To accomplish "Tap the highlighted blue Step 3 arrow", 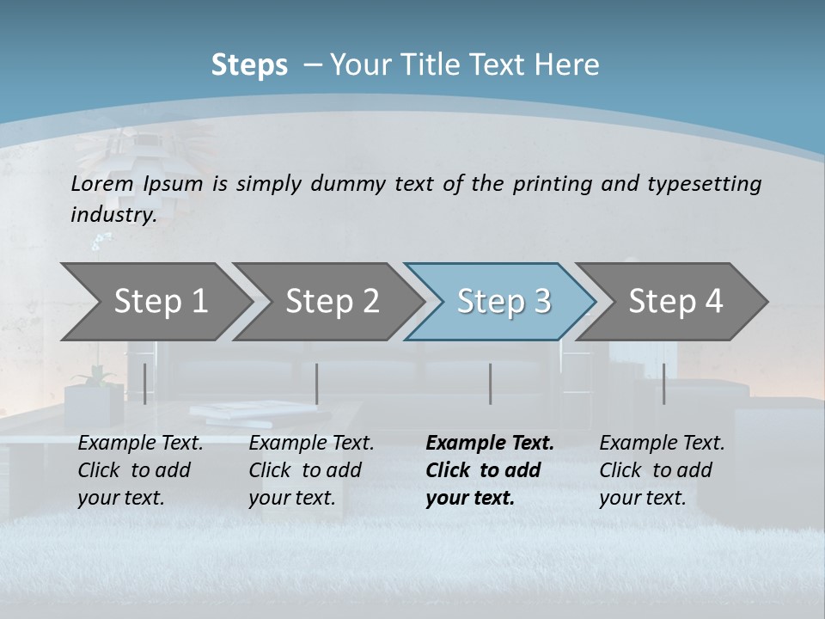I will coord(503,302).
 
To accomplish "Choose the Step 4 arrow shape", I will coord(675,302).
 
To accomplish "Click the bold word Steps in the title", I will coord(249,65).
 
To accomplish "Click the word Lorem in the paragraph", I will coord(102,183).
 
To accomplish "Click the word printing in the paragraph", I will coord(550,183).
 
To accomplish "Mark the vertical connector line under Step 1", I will coord(144,383).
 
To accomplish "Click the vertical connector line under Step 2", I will coord(317,383).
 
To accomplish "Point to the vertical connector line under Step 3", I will coord(491,383).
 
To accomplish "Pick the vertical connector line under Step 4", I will coord(664,383).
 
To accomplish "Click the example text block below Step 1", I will coord(140,470).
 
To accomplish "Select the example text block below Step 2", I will coord(311,470).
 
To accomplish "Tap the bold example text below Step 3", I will coord(489,470).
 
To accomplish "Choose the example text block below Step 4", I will coord(662,470).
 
